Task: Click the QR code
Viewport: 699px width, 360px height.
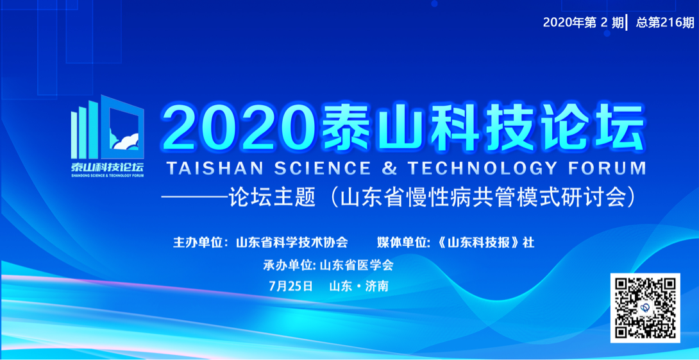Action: coord(644,307)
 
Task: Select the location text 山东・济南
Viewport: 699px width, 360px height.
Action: coord(358,286)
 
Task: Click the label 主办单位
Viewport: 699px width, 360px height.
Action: coord(198,243)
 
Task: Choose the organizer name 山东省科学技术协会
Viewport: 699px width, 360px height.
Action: coord(292,243)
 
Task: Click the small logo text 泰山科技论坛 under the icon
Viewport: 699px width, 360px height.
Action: coord(107,166)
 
